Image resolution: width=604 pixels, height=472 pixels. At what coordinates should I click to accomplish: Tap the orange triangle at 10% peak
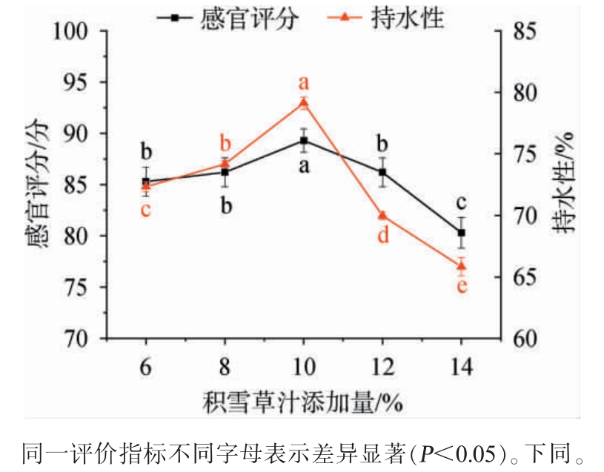[303, 103]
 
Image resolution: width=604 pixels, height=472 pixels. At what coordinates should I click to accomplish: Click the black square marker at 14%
[461, 233]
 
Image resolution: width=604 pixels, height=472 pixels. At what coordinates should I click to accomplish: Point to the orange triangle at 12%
[382, 216]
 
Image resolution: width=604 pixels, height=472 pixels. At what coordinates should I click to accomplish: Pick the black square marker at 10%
[303, 141]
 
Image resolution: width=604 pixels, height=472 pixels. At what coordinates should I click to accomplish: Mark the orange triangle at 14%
[461, 265]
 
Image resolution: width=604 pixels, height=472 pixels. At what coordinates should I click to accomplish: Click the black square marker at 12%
[382, 172]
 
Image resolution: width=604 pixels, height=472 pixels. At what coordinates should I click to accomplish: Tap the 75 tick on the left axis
[84, 287]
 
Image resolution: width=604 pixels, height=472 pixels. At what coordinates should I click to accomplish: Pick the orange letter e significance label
[462, 286]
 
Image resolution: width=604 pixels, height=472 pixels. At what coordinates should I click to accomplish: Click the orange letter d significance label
[383, 236]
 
